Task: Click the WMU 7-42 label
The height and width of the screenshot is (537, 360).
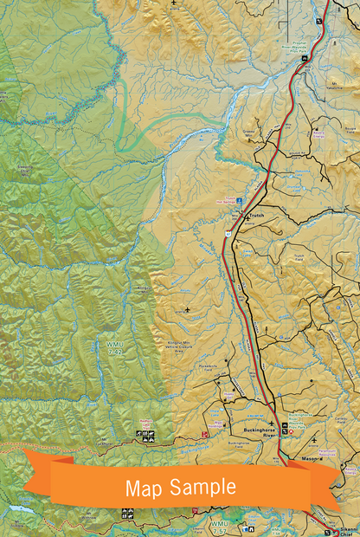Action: tap(114, 352)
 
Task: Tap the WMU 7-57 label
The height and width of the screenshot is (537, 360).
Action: tap(221, 525)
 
